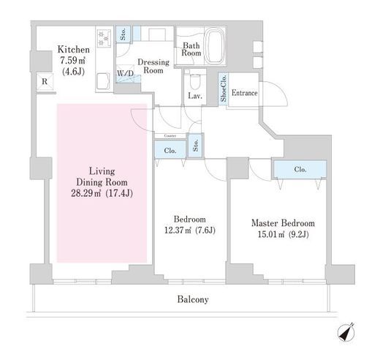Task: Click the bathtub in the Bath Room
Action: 215,46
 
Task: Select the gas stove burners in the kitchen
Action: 104,38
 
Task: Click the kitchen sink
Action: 104,82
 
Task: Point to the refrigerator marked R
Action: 45,81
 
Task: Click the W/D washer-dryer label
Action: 126,73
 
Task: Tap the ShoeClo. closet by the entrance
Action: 224,89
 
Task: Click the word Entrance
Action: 244,93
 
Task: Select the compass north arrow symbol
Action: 346,332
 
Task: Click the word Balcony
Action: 193,299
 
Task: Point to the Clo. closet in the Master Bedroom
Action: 300,169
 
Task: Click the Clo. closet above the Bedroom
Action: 170,150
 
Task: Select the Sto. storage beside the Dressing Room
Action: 123,34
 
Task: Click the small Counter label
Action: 170,135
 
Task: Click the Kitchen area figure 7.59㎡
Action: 72,60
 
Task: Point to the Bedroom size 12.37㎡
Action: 178,230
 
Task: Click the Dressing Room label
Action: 153,66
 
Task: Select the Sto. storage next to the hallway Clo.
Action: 195,146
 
